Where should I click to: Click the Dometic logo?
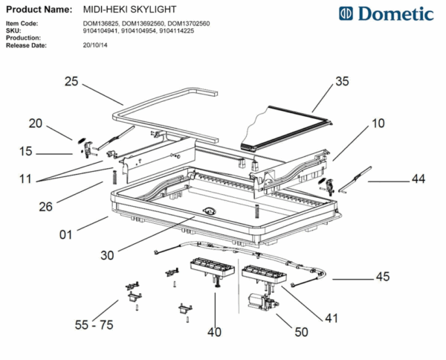pyautogui.click(x=386, y=14)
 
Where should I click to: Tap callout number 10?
pyautogui.click(x=378, y=123)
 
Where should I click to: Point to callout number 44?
pyautogui.click(x=419, y=179)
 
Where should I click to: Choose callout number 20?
pyautogui.click(x=36, y=123)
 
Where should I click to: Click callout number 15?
pyautogui.click(x=26, y=152)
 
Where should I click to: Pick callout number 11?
pyautogui.click(x=26, y=179)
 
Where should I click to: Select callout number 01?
pyautogui.click(x=66, y=236)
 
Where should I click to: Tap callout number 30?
pyautogui.click(x=107, y=255)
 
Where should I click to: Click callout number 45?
pyautogui.click(x=382, y=277)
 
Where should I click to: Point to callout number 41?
pyautogui.click(x=331, y=318)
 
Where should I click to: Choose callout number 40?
pyautogui.click(x=215, y=332)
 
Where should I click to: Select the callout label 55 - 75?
pyautogui.click(x=94, y=325)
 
